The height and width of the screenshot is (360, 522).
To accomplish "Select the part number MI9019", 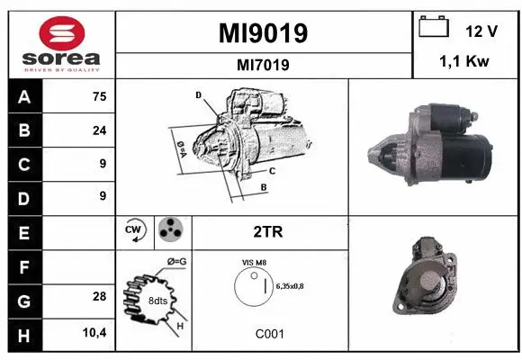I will [x=264, y=33].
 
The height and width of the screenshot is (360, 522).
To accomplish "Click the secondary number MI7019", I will [x=264, y=64].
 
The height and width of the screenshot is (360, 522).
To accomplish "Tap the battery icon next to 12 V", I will [x=434, y=28].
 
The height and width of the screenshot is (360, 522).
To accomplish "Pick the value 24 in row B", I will [x=98, y=130].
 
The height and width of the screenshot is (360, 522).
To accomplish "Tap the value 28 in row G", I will [x=98, y=296].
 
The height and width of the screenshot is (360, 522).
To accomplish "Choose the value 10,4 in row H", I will [x=94, y=333].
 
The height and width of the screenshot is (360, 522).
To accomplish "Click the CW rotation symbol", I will [x=134, y=230].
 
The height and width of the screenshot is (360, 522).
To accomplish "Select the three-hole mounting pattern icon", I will [x=169, y=230].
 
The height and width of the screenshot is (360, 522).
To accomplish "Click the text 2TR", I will [x=268, y=231].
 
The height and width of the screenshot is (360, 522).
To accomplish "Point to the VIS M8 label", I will [x=255, y=262].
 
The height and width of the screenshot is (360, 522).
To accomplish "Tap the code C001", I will [x=269, y=334].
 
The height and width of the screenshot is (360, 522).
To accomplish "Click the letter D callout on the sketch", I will [x=198, y=94].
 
